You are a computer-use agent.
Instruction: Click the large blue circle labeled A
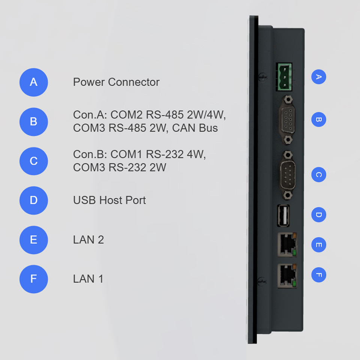click(34, 82)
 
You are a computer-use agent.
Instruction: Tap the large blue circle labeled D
click(34, 200)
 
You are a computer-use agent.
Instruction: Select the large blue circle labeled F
click(34, 279)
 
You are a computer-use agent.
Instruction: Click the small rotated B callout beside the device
click(319, 119)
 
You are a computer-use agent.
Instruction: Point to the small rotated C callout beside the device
click(319, 175)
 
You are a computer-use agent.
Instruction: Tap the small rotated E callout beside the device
click(319, 245)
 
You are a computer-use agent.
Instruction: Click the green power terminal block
click(284, 77)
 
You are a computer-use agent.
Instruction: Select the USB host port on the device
click(283, 216)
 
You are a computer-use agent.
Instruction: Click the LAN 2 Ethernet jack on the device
click(287, 244)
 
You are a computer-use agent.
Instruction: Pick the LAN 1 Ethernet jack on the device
click(287, 276)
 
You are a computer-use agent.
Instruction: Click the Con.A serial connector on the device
click(287, 120)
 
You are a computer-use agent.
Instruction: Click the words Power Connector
click(116, 82)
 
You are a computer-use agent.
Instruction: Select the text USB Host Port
click(109, 200)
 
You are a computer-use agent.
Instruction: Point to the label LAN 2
click(88, 240)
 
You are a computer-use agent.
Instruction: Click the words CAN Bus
click(195, 128)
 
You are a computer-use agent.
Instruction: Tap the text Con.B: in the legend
click(90, 154)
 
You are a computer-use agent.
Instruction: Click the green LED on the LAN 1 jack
click(294, 284)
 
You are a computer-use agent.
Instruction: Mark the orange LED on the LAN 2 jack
click(294, 235)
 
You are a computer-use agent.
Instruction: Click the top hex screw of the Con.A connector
click(288, 100)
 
